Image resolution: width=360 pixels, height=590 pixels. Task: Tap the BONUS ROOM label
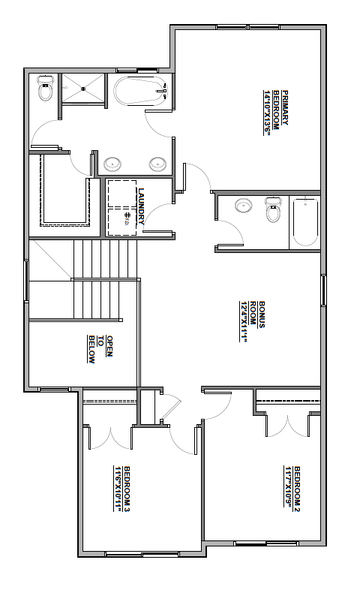pyautogui.click(x=257, y=315)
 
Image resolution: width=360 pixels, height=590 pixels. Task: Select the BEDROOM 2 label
pyautogui.click(x=297, y=489)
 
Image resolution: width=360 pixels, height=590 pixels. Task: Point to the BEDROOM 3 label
pyautogui.click(x=127, y=489)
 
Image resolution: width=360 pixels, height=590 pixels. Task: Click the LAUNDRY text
pyautogui.click(x=141, y=206)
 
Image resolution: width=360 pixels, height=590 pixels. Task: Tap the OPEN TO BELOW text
pyautogui.click(x=100, y=349)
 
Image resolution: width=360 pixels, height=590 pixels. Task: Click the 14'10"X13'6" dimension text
pyautogui.click(x=267, y=112)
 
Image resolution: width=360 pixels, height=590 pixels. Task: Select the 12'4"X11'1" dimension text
pyautogui.click(x=244, y=321)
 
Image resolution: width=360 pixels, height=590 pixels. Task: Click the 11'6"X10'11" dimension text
pyautogui.click(x=118, y=489)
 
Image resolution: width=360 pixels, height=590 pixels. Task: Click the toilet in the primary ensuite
pyautogui.click(x=46, y=88)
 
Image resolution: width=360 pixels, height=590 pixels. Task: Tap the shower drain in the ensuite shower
pyautogui.click(x=82, y=89)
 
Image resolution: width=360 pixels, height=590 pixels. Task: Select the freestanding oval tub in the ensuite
pyautogui.click(x=140, y=91)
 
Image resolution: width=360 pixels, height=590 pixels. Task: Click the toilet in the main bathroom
pyautogui.click(x=273, y=209)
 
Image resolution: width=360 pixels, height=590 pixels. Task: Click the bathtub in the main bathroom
pyautogui.click(x=305, y=222)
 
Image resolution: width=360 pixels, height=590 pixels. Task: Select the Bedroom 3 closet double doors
pyautogui.click(x=111, y=437)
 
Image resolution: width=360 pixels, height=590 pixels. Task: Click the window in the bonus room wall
pyautogui.click(x=323, y=290)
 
